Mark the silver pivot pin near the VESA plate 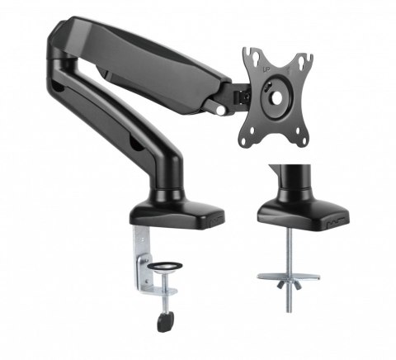(220, 107)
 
